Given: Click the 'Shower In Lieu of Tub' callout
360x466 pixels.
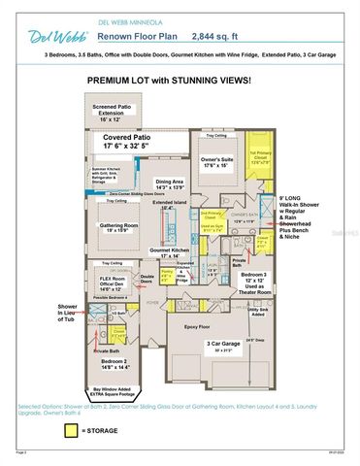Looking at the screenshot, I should [69, 315].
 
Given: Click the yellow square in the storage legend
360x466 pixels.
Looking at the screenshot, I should [71, 430].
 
